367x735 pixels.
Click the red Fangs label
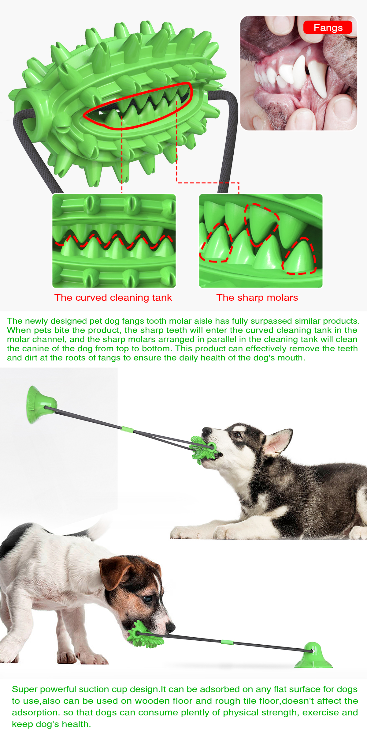pyautogui.click(x=328, y=28)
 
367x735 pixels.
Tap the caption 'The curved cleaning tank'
pyautogui.click(x=113, y=298)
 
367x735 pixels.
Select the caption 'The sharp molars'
pyautogui.click(x=257, y=298)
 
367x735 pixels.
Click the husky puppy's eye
pyautogui.click(x=238, y=435)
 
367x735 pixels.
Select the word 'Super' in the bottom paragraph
pyautogui.click(x=24, y=690)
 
